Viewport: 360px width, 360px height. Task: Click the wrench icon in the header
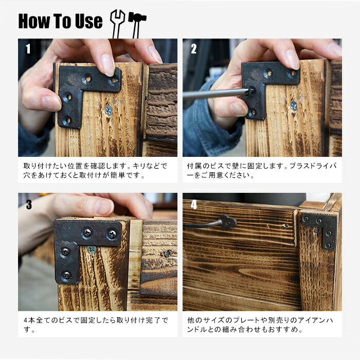117,24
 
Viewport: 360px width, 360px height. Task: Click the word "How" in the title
34,21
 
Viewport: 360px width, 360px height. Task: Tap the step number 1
28,49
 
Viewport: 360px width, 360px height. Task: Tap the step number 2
194,49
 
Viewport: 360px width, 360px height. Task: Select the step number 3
29,204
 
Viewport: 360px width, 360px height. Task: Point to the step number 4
194,204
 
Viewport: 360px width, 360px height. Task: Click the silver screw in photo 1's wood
109,111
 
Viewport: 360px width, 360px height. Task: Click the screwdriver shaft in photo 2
216,94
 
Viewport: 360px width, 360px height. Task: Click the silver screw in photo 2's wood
294,106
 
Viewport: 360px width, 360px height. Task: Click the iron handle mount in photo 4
228,222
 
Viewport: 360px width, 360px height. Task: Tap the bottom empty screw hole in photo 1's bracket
67,120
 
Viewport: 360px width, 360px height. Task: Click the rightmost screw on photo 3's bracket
112,234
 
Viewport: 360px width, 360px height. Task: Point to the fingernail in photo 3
104,207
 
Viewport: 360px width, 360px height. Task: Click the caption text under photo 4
260,325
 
